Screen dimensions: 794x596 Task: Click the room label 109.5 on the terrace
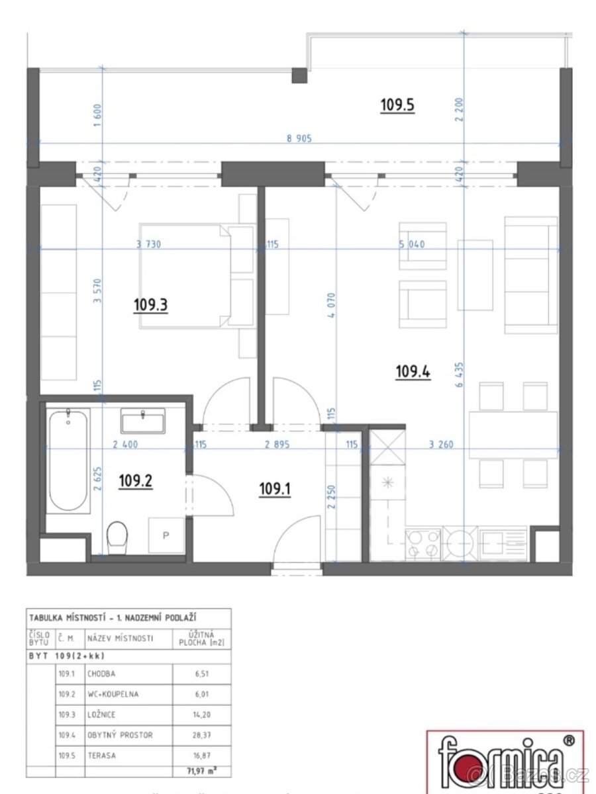(x=397, y=105)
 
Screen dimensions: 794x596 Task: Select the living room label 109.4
(x=413, y=373)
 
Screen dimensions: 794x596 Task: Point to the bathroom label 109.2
(x=135, y=482)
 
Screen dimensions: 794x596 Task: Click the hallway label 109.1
(x=275, y=489)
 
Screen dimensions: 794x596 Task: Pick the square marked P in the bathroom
(x=163, y=535)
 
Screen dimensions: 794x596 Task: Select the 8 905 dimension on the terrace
(x=298, y=139)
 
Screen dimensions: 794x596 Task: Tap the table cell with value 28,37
(x=201, y=734)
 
